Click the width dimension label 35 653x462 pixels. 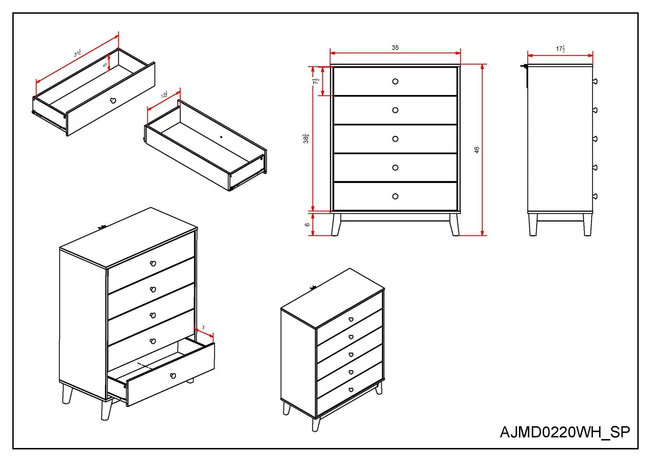[x=395, y=48]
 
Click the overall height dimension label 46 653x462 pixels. [x=476, y=150]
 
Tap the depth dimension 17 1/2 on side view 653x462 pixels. [x=560, y=49]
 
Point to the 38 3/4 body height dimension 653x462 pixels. [x=306, y=139]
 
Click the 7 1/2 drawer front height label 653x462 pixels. [x=316, y=81]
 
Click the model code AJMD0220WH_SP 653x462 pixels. [x=565, y=432]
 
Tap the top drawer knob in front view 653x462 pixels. [x=395, y=81]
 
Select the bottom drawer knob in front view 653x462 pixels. [x=395, y=196]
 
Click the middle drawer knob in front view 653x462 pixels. [x=395, y=139]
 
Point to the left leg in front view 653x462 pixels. [x=336, y=224]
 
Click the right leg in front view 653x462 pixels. [x=454, y=224]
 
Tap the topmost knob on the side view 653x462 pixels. [x=595, y=81]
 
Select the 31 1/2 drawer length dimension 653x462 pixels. [x=78, y=53]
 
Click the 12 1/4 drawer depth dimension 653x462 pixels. [x=164, y=95]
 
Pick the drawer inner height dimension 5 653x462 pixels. [x=105, y=65]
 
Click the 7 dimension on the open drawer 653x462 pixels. [x=203, y=328]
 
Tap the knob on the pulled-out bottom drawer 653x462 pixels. [x=173, y=376]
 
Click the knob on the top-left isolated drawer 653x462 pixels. [x=113, y=101]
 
